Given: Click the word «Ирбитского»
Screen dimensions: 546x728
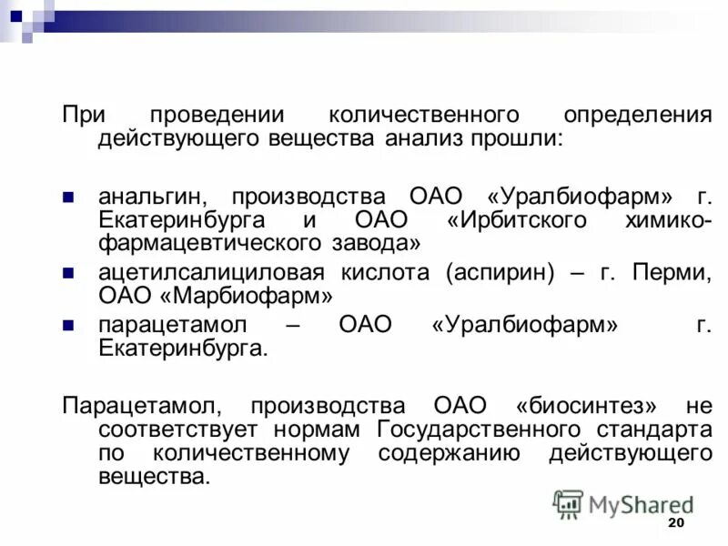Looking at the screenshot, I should (521, 222).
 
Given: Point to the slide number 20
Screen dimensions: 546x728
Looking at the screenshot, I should (675, 523).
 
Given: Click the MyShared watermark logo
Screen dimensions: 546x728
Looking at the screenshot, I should (623, 503).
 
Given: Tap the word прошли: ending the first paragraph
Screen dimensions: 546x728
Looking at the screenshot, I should (517, 140).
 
